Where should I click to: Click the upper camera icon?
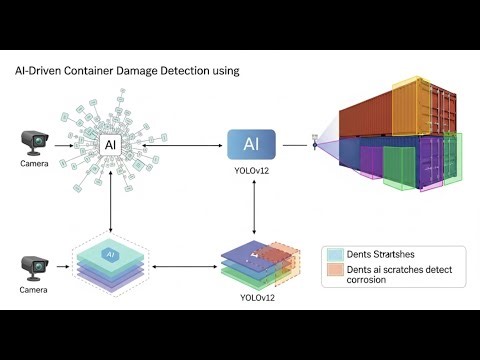click(x=35, y=143)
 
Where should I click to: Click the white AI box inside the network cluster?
click(x=110, y=145)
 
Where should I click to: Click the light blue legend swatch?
click(x=334, y=254)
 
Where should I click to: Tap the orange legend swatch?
click(x=334, y=270)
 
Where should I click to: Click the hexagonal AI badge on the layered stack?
click(x=113, y=256)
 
